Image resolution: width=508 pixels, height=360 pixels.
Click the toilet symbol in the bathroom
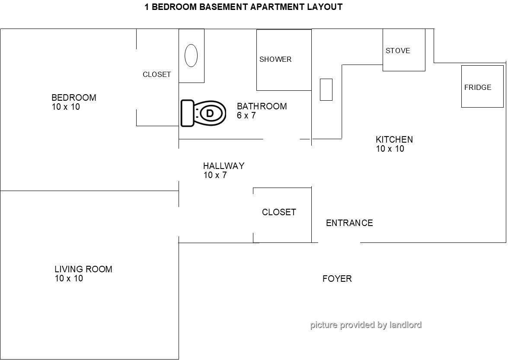[203, 113]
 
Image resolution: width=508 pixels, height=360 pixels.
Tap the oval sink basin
[191, 55]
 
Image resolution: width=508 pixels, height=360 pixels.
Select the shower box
[284, 60]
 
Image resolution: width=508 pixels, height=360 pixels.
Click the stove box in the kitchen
[404, 50]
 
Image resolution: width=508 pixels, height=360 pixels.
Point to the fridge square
[482, 86]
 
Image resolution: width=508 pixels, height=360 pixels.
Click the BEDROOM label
[74, 98]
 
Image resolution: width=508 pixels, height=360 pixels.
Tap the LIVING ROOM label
[83, 269]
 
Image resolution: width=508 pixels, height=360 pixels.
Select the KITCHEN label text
[394, 140]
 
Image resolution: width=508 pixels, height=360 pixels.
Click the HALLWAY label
[224, 166]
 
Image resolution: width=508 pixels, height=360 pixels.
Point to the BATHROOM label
[262, 106]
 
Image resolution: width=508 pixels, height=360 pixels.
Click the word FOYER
[337, 279]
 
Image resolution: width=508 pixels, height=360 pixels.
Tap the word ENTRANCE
[349, 223]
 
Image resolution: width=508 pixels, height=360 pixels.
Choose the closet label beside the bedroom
[157, 74]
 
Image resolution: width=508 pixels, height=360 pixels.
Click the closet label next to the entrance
[279, 212]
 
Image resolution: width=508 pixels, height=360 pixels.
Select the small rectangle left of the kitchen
[326, 89]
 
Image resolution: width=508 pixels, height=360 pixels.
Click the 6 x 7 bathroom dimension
[246, 116]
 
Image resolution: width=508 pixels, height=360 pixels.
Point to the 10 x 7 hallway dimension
[215, 175]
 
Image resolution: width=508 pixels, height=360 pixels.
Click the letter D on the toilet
[210, 114]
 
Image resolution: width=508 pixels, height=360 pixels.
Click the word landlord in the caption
[405, 325]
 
